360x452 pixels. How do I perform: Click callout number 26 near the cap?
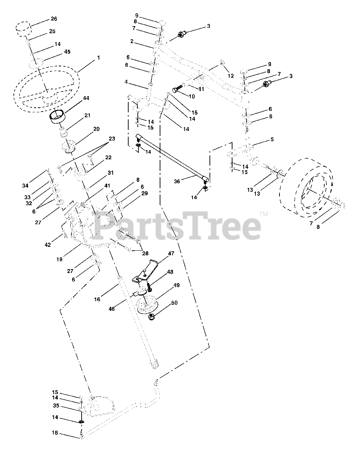[x=54, y=19]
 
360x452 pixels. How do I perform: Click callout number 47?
[x=171, y=254]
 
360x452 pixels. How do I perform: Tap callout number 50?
[x=175, y=303]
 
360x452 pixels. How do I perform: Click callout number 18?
[x=55, y=433]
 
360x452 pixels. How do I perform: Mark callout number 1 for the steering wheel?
[x=99, y=57]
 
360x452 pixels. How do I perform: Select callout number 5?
[x=272, y=139]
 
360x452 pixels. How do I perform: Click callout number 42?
[x=48, y=245]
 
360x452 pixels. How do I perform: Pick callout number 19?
[x=59, y=259]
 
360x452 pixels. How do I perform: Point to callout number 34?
[x=25, y=186]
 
